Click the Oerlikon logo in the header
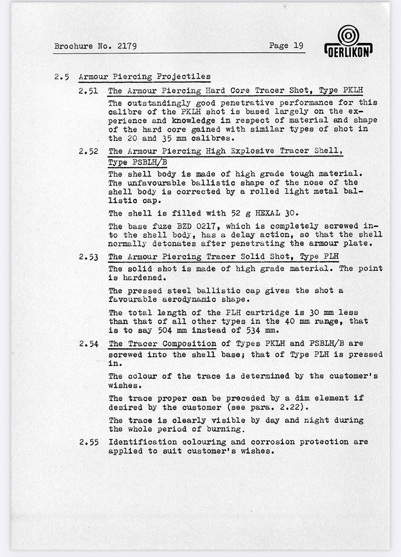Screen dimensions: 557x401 coord(348,41)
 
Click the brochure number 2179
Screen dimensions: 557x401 coord(127,47)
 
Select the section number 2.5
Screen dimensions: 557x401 coord(61,77)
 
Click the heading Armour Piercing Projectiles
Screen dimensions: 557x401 coord(144,77)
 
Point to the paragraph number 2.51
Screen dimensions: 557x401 coord(89,90)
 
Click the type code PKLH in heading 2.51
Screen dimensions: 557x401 coord(351,90)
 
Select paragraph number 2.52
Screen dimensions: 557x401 coord(89,151)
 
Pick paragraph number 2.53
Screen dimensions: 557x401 coord(89,257)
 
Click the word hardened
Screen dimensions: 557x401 coord(138,277)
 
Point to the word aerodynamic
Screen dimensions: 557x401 coord(192,299)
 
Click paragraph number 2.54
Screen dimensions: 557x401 coord(89,344)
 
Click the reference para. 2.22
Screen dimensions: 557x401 coord(273,407)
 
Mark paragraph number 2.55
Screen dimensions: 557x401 coord(89,442)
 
